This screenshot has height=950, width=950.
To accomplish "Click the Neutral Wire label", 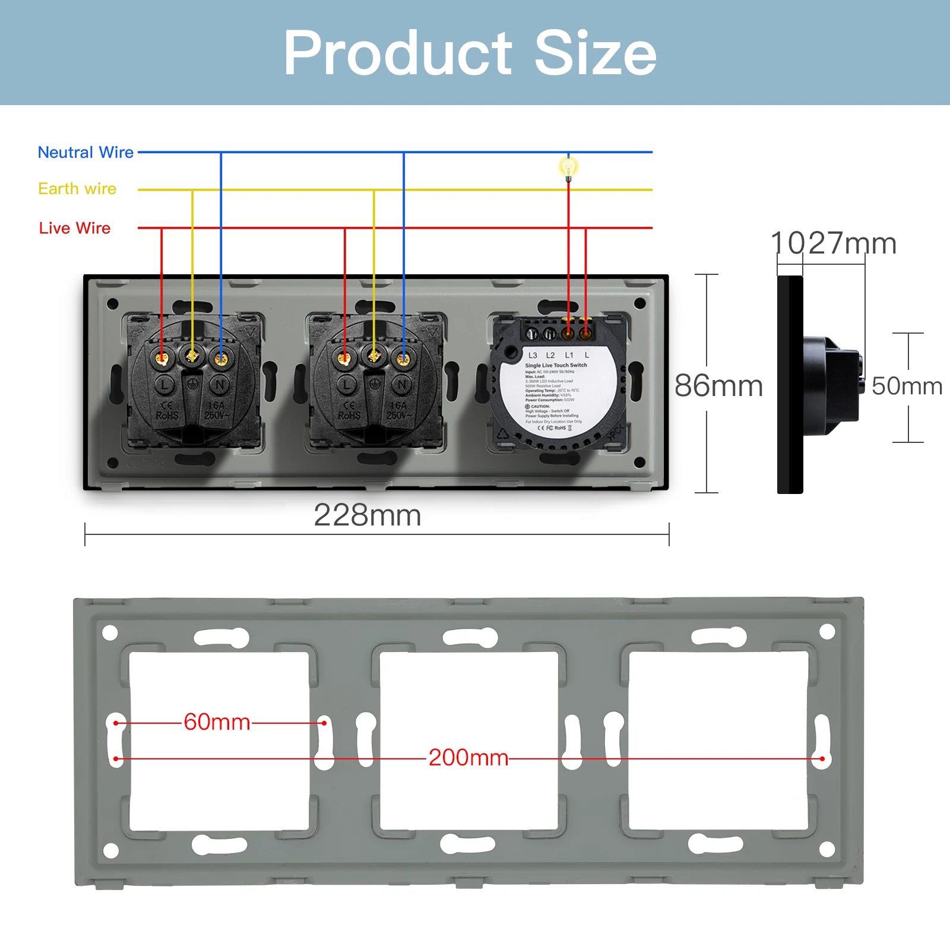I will [x=85, y=153].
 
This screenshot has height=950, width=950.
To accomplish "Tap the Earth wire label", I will [x=77, y=189].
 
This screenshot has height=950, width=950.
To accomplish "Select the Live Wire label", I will [x=75, y=228].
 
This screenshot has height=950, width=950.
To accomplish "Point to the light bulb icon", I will [x=568, y=168].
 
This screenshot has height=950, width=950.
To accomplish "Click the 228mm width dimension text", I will [x=367, y=515].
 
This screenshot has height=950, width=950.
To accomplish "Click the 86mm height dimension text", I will [x=718, y=386].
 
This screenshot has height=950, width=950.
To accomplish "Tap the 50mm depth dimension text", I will [x=907, y=387].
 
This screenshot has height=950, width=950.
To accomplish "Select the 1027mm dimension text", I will [x=834, y=243].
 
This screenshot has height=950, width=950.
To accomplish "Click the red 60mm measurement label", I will [x=217, y=722].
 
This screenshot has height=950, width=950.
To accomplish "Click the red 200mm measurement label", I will [x=468, y=758].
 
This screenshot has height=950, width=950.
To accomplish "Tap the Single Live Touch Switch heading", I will [x=556, y=365].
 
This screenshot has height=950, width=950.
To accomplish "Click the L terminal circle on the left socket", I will [x=164, y=385].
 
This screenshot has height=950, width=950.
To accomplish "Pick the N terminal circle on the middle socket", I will [x=402, y=385].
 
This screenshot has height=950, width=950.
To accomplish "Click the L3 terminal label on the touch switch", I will [x=533, y=355].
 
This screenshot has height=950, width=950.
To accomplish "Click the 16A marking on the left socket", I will [x=216, y=406].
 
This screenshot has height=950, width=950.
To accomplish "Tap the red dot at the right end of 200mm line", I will [x=822, y=759].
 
